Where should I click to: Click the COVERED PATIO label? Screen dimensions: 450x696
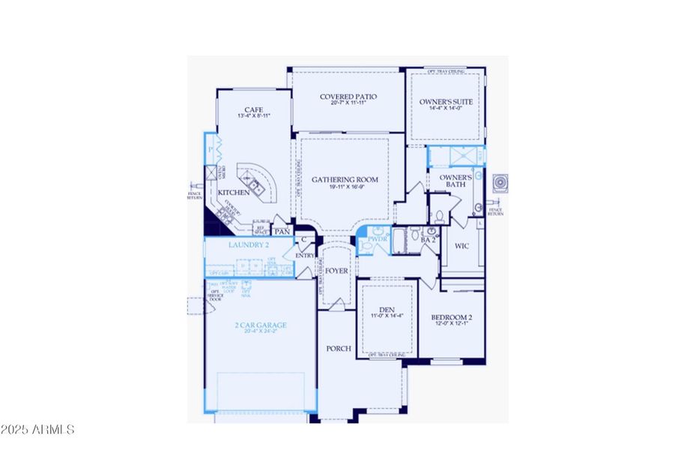pos(348,97)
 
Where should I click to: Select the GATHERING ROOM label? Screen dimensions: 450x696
pos(345,180)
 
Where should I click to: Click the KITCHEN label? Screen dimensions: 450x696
pos(228,193)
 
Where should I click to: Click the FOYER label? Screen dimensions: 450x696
pos(337,270)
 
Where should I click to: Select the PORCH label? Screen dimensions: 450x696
pos(337,349)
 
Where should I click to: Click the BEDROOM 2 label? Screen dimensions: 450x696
pos(451,318)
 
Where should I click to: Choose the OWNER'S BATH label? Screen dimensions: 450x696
pos(450,181)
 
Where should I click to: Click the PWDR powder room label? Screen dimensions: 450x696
pos(377,239)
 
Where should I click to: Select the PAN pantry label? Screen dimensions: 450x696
pos(282,232)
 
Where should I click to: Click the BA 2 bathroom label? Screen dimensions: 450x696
pos(428,240)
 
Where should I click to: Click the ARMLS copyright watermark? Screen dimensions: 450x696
pos(37,430)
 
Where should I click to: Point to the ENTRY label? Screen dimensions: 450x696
pos(306,256)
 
